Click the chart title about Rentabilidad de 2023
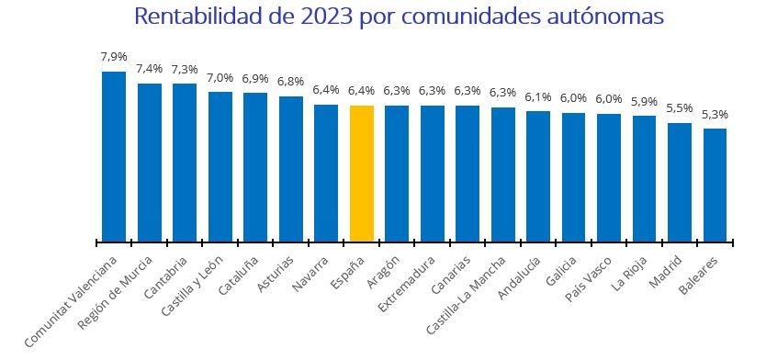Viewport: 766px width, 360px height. coord(398,17)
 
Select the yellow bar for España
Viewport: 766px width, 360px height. coord(362,174)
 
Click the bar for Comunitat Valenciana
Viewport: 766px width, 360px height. coord(114,156)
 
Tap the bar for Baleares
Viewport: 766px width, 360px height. coord(715,185)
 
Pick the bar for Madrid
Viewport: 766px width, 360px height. coord(680,182)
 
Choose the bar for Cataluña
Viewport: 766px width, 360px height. coord(255,167)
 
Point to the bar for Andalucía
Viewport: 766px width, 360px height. coord(538,176)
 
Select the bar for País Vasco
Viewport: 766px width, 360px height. coord(609,177)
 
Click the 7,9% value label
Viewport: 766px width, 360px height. coord(114,57)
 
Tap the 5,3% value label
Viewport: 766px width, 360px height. coord(715,115)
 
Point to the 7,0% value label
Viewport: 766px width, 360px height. coord(220,78)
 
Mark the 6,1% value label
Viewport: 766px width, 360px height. coord(538,96)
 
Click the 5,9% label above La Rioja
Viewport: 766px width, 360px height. coord(644,102)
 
